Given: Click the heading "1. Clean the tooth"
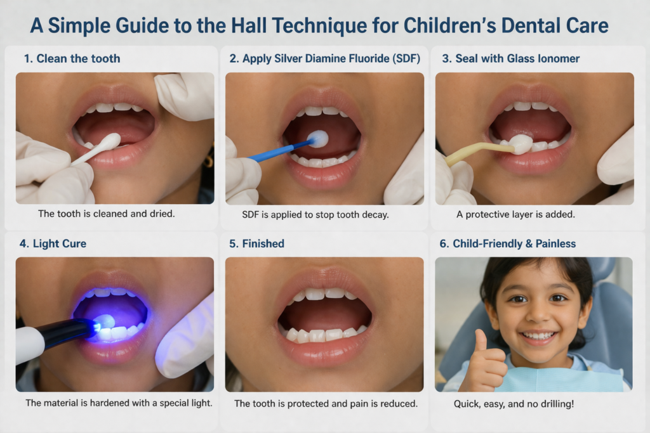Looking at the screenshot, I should (x=72, y=58).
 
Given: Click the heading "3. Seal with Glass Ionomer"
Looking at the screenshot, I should (x=510, y=58).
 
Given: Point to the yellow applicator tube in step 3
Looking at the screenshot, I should (x=476, y=152).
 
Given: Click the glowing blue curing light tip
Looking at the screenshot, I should (x=96, y=326).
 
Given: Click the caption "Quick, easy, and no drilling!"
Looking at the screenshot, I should (x=514, y=403).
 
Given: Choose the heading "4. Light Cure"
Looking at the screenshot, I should (x=53, y=243).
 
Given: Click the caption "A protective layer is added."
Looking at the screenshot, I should (x=515, y=214).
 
